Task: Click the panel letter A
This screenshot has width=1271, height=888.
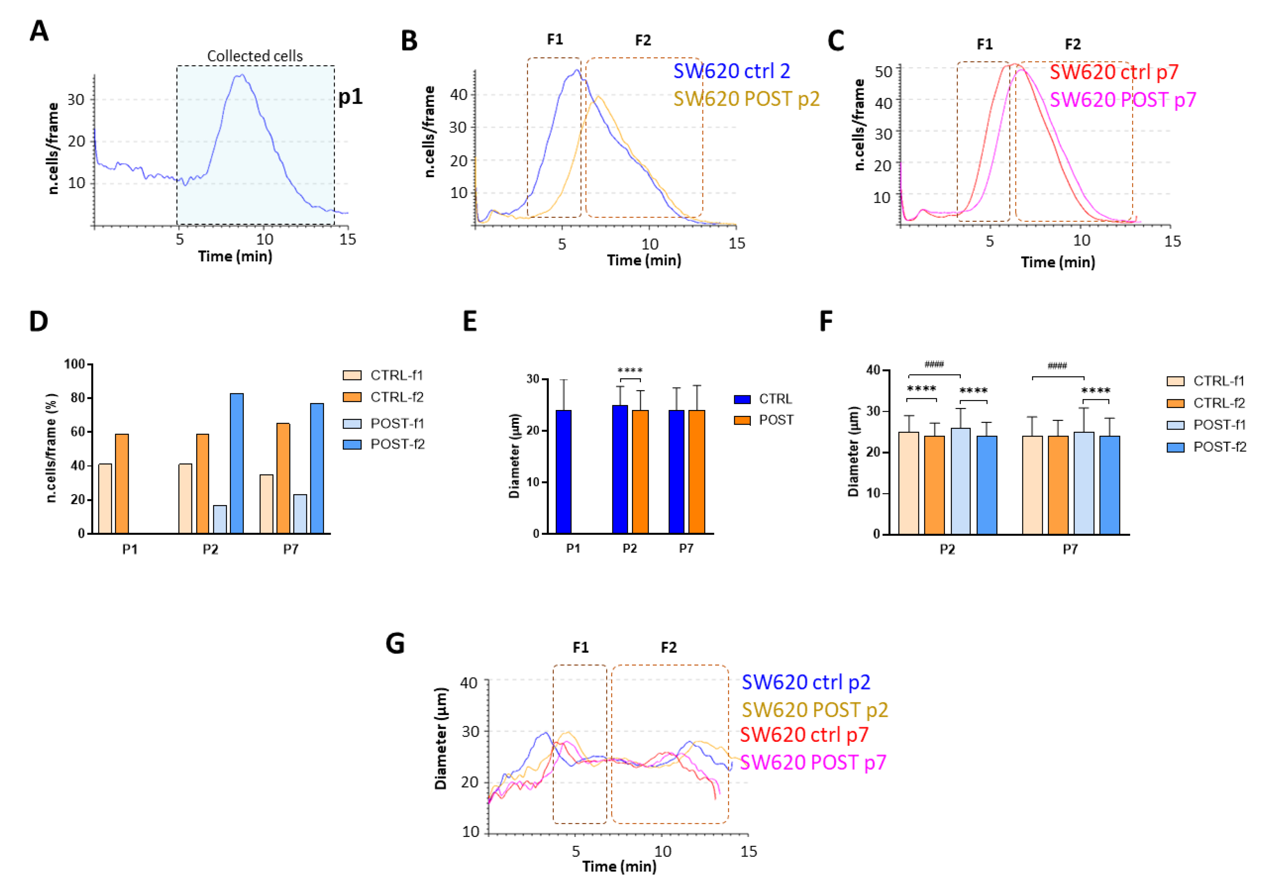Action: pyautogui.click(x=39, y=31)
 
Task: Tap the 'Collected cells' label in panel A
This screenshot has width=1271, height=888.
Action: pyautogui.click(x=255, y=56)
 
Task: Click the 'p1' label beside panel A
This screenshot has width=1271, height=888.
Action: pyautogui.click(x=350, y=97)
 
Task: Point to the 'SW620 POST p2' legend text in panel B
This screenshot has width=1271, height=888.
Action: pyautogui.click(x=746, y=99)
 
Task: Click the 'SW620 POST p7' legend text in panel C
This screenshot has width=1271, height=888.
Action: pyautogui.click(x=1122, y=100)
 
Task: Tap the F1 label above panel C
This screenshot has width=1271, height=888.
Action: pyautogui.click(x=984, y=44)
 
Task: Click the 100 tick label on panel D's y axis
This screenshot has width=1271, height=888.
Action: pyautogui.click(x=74, y=364)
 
